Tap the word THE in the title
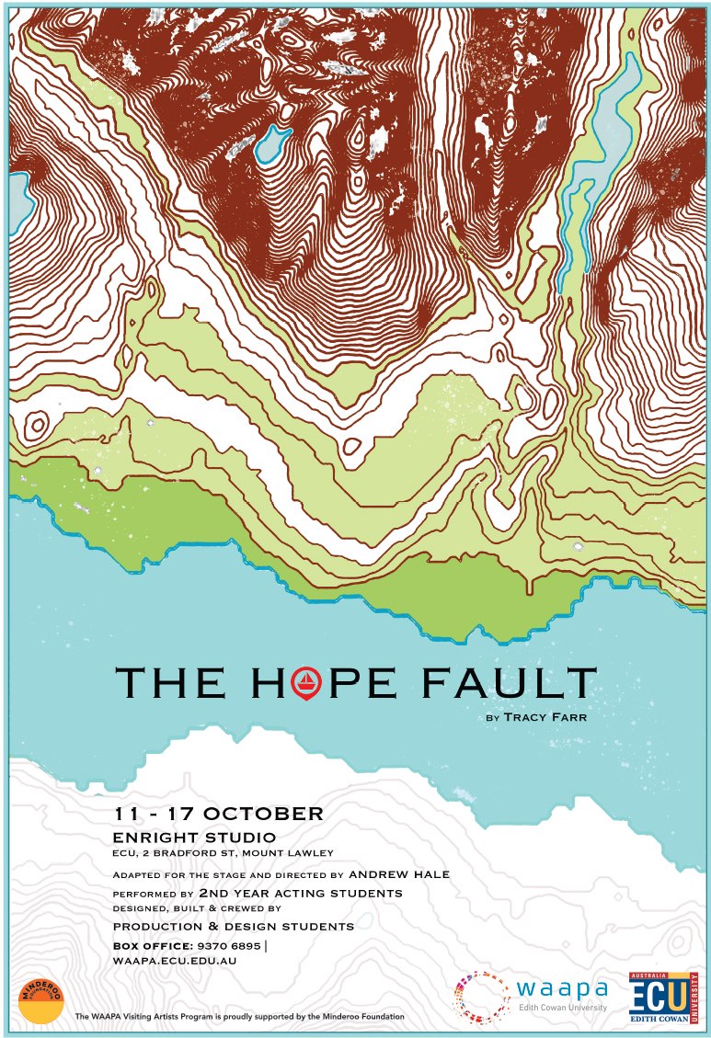click(171, 682)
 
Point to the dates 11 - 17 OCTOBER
click(218, 814)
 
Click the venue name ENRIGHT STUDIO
click(193, 838)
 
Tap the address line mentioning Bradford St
click(222, 854)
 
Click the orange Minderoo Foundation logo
click(41, 999)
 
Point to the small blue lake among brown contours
click(271, 143)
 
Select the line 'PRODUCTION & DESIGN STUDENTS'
click(233, 926)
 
